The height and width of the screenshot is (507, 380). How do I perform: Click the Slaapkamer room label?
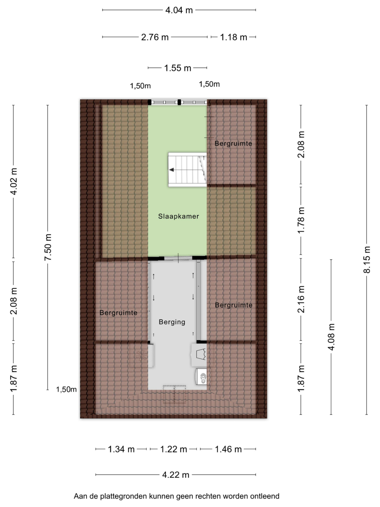click(179, 216)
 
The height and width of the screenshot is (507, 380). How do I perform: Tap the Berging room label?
click(172, 322)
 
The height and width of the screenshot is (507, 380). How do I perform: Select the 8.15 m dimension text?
click(367, 259)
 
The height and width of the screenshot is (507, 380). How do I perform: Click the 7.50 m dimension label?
click(48, 247)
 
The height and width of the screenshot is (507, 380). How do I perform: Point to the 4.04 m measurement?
click(179, 10)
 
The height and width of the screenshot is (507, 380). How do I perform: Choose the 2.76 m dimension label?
click(155, 37)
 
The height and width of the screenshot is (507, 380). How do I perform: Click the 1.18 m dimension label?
click(234, 37)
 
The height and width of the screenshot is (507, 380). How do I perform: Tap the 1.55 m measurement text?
click(177, 68)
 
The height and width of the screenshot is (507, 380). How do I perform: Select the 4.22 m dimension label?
click(176, 475)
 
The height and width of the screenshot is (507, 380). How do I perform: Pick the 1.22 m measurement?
click(173, 449)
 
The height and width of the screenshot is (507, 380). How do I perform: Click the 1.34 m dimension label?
click(121, 449)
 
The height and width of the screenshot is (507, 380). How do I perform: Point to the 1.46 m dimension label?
click(228, 449)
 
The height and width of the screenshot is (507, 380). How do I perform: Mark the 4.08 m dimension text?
click(331, 337)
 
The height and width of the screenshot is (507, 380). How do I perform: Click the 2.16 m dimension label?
click(301, 299)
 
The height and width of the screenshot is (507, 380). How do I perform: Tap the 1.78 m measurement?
click(301, 220)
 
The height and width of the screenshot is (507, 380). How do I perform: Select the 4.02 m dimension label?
click(14, 181)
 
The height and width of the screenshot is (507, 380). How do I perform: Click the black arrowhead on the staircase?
click(171, 170)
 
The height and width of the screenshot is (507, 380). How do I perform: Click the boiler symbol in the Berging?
click(201, 377)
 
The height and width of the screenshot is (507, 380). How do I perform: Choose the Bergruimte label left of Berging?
click(118, 313)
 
